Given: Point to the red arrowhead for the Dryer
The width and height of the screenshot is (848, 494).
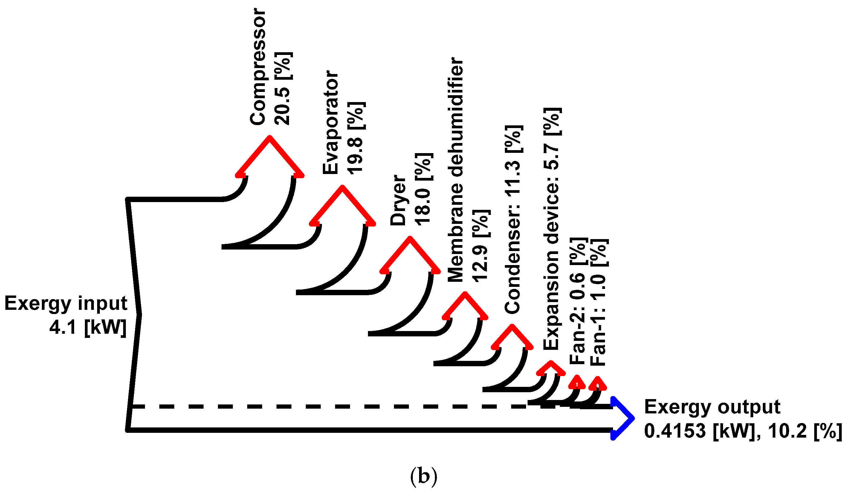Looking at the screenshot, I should (x=410, y=256).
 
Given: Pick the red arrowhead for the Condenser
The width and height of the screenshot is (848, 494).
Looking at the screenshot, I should (x=512, y=338).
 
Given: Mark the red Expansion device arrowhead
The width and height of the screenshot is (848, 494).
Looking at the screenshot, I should (x=551, y=369).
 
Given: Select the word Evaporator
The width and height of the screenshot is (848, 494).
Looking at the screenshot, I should (x=331, y=122).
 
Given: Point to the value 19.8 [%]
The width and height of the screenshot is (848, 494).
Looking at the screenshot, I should (x=356, y=138).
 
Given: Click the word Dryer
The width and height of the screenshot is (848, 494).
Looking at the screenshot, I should (x=398, y=200).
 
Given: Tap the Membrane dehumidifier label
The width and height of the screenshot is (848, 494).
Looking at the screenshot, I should (x=456, y=170).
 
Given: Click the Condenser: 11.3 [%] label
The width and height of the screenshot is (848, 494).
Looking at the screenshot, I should (x=513, y=220).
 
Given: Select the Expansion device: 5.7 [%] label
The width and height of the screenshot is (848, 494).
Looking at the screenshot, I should (x=551, y=229).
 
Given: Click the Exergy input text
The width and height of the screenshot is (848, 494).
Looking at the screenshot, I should (x=66, y=304).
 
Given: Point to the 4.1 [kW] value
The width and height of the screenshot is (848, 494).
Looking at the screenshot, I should (x=88, y=327).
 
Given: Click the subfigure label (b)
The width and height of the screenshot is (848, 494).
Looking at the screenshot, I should (x=423, y=476).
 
